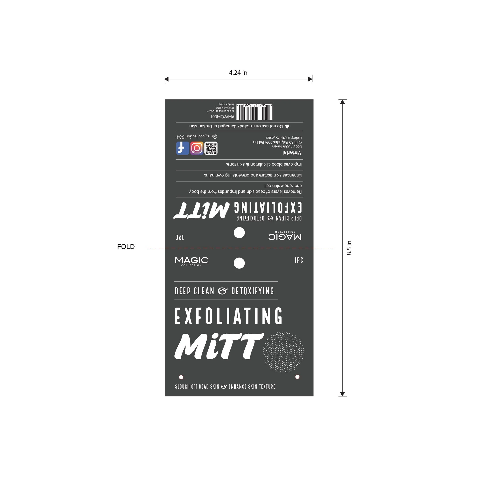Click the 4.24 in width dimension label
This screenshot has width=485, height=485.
[238, 73]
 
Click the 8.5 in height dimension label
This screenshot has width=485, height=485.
[349, 248]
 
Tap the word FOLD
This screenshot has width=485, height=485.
[126, 247]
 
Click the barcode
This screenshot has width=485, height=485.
[254, 112]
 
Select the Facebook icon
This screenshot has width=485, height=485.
[183, 148]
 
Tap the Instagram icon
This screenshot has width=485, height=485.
[197, 148]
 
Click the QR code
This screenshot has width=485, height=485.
[211, 148]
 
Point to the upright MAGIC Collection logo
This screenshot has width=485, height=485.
[191, 261]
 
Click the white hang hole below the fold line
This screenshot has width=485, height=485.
[239, 263]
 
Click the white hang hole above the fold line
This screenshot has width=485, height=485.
[239, 233]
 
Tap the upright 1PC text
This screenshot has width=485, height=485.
[298, 260]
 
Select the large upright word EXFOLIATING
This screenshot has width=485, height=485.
[228, 316]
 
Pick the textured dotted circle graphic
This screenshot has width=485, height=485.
[283, 352]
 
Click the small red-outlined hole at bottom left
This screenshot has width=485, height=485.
[181, 377]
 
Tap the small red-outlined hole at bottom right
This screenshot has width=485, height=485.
[297, 377]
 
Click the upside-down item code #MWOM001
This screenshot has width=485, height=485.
[222, 117]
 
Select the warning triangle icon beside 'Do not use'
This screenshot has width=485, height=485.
[287, 126]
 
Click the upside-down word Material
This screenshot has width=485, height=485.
[292, 153]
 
